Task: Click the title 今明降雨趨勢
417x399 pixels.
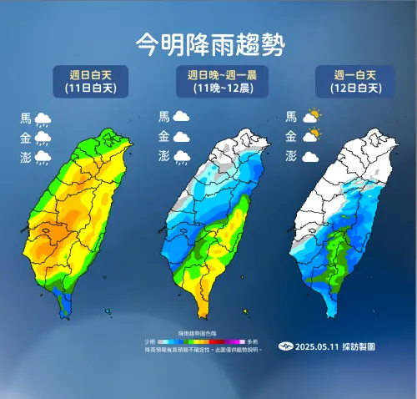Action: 208,43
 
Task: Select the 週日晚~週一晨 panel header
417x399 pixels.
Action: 216,81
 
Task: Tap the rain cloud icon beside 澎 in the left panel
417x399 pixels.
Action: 45,157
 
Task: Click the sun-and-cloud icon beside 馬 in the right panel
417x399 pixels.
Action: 312,117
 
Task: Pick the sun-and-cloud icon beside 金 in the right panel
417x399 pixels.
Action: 312,136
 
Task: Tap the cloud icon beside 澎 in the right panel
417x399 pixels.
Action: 311,156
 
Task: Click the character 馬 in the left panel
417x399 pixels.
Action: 26,119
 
